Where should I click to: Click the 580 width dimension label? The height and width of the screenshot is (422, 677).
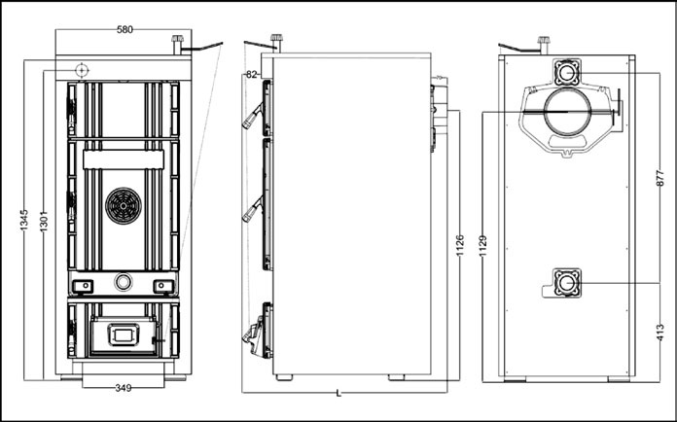125,30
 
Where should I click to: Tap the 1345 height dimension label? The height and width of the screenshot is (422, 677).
24,220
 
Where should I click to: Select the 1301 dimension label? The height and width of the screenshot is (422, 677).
44,221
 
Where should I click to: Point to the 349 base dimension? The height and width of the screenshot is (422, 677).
124,388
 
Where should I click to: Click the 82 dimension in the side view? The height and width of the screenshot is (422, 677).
251,75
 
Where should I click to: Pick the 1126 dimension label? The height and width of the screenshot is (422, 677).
460,245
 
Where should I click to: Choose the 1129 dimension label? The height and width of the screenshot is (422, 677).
483,245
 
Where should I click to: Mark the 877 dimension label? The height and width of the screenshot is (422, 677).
659,178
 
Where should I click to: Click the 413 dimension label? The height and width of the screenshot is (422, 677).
660,334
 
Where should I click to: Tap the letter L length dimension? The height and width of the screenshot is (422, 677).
338,394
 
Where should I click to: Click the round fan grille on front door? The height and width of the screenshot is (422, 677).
124,206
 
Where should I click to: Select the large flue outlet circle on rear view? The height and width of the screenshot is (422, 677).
567,111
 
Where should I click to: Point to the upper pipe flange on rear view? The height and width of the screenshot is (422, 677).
567,72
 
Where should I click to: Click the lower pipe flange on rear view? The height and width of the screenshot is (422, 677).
567,283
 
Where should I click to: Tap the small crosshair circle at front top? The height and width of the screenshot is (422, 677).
81,70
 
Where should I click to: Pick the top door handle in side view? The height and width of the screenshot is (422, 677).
253,116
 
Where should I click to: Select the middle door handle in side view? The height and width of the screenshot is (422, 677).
253,209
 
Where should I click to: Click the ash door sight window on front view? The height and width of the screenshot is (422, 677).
124,334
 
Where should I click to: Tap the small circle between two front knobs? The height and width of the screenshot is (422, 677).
124,282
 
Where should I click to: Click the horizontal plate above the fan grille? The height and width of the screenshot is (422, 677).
124,159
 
